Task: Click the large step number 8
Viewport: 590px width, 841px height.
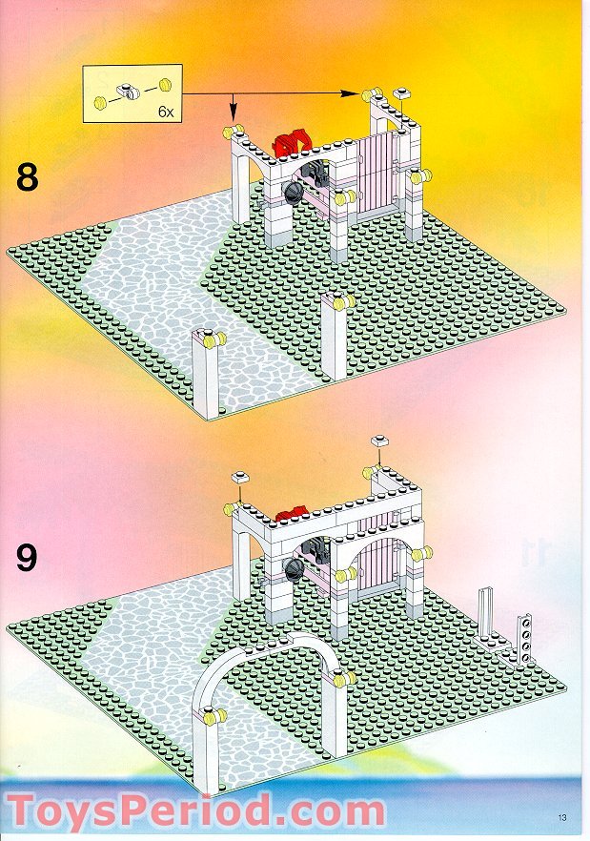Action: (x=28, y=178)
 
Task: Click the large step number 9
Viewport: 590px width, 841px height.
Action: (x=27, y=558)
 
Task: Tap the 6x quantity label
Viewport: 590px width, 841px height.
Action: (x=166, y=113)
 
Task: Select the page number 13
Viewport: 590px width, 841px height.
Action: (x=562, y=818)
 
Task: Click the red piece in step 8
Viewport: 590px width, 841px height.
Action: (x=292, y=142)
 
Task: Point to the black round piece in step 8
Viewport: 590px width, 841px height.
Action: (x=294, y=192)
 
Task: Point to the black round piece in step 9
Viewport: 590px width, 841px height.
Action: (x=295, y=569)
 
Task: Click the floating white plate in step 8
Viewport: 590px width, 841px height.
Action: (x=401, y=93)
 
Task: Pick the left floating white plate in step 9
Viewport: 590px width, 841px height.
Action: (x=240, y=477)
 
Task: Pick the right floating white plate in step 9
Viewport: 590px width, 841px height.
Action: (x=380, y=441)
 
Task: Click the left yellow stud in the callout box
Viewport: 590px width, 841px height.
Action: (x=100, y=102)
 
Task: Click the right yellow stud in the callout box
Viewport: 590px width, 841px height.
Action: (x=166, y=84)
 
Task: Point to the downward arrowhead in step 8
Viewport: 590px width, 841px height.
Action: (x=234, y=113)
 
